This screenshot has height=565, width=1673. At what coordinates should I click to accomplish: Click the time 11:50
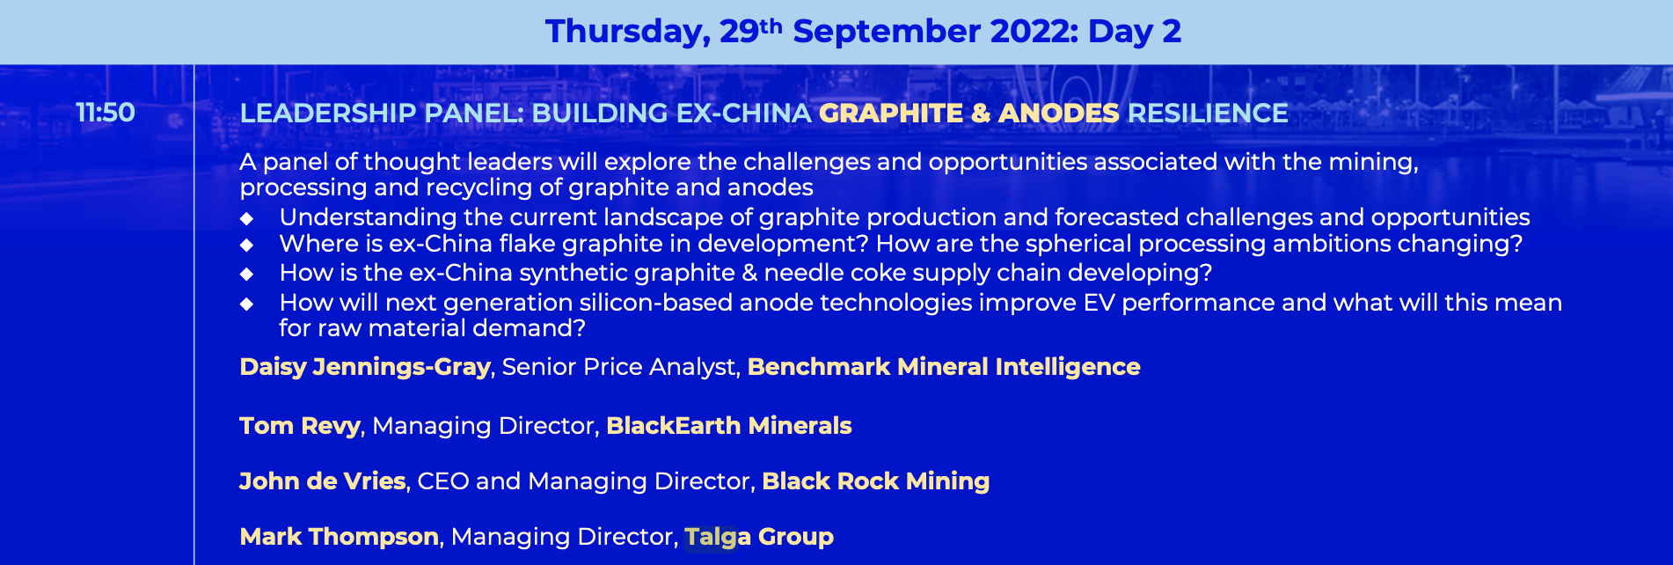(106, 113)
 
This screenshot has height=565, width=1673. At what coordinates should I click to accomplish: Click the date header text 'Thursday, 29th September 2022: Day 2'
(863, 32)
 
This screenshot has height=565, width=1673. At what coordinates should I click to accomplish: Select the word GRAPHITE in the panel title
(891, 114)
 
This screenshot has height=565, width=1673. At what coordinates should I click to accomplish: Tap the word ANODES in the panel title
(1059, 114)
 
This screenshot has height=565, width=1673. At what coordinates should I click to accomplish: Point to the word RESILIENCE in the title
(1208, 114)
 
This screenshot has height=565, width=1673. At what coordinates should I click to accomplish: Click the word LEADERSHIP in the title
(328, 114)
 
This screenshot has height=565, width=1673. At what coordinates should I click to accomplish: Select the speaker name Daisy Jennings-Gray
(365, 367)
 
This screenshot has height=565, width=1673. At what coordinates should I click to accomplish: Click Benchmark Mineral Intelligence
(944, 367)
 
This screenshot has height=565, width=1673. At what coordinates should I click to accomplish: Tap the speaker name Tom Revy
(300, 426)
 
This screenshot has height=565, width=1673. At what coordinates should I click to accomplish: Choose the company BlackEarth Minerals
(729, 426)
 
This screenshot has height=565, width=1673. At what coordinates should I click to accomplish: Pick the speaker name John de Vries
(323, 481)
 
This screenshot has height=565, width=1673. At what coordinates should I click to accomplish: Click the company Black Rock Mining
(876, 481)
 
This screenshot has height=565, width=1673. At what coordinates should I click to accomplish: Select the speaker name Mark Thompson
(340, 537)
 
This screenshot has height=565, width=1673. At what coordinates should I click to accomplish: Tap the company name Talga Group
(759, 537)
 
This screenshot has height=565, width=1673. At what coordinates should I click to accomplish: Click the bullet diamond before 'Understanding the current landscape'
(247, 218)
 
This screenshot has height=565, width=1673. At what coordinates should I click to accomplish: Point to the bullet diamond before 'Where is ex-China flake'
(247, 245)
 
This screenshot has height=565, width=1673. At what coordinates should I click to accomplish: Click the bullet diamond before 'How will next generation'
(247, 304)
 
